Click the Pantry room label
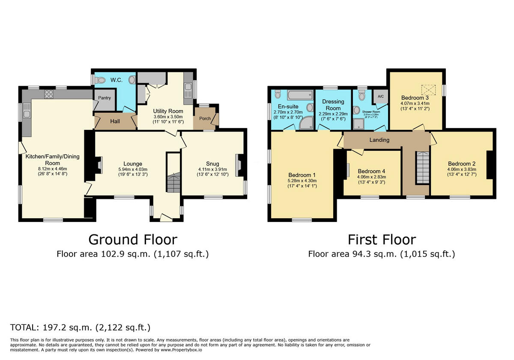[x=105, y=98]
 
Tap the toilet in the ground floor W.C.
[x=100, y=80]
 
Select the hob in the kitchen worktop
[x=49, y=94]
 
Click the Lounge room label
[x=132, y=164]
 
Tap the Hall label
[x=115, y=121]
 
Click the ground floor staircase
[x=173, y=183]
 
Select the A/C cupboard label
[x=380, y=97]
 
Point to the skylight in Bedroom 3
[x=428, y=90]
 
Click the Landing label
[x=380, y=140]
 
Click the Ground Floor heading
[x=132, y=239]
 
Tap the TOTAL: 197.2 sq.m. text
[x=80, y=328]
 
